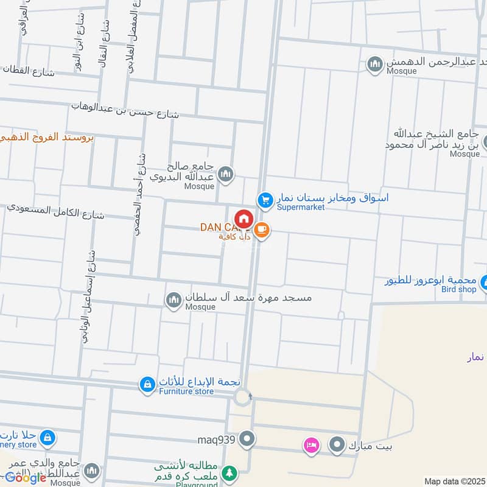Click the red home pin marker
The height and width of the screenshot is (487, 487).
tap(244, 219)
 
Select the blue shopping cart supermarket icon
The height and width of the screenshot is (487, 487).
tap(265, 199)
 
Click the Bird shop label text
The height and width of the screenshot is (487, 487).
tap(458, 289)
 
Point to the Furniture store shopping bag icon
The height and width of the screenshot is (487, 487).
tap(147, 384)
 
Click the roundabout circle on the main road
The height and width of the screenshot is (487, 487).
tap(243, 398)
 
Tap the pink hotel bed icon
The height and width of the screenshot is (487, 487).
tap(311, 446)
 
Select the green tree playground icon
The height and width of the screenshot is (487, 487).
tap(229, 472)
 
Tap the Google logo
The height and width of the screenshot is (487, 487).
tap(26, 478)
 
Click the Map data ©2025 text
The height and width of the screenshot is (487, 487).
tap(453, 481)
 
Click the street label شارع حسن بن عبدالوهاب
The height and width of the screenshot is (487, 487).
tap(125, 110)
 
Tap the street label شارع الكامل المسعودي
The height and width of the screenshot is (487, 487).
tap(56, 211)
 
